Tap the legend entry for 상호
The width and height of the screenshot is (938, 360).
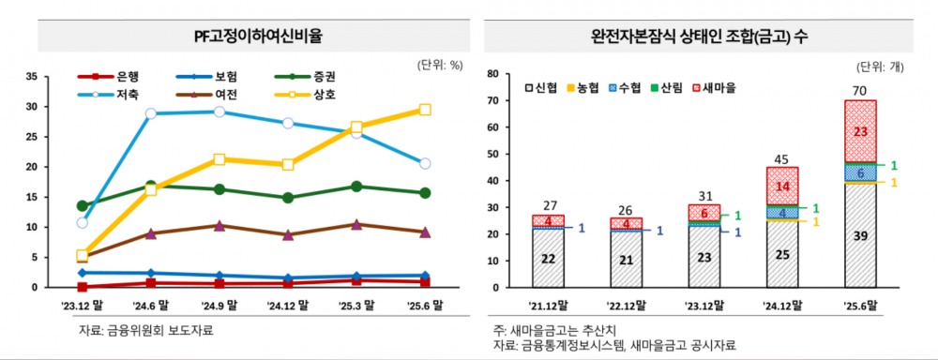tap(317, 94)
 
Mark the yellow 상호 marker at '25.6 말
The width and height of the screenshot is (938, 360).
tap(425, 110)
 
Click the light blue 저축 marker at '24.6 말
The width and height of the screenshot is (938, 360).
tap(151, 113)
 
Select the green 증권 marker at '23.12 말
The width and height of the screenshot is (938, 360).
tap(83, 205)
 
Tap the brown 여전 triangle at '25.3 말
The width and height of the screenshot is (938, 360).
tap(356, 224)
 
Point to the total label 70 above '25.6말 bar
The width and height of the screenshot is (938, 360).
tap(859, 91)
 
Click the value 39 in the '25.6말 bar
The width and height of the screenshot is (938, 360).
tap(859, 234)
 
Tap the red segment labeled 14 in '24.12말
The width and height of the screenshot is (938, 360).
tap(782, 185)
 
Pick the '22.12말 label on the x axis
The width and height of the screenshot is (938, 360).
tap(628, 303)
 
